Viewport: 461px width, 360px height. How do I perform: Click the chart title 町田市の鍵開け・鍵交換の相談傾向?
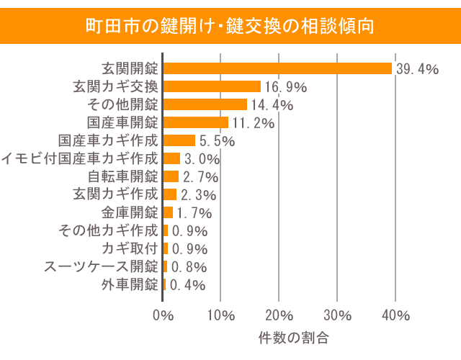[230, 27]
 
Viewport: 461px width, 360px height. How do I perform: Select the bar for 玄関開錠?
[277, 68]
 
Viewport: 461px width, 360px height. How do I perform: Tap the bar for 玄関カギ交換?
[212, 86]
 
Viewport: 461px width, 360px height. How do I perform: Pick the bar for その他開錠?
[205, 104]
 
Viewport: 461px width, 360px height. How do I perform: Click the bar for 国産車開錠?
[195, 122]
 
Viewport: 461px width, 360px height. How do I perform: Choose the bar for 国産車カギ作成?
[179, 140]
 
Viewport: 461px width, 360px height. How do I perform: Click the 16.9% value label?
[286, 87]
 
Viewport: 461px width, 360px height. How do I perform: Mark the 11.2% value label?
[253, 123]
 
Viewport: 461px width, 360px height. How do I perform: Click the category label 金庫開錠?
[130, 212]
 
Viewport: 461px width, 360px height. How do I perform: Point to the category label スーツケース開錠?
[101, 266]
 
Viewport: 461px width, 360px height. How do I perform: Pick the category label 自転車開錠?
[122, 176]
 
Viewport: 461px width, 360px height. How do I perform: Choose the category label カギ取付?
[130, 248]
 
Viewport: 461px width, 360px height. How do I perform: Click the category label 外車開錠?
[130, 284]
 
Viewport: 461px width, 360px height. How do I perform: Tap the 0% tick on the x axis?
[164, 315]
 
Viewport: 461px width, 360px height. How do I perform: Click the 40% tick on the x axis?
[395, 315]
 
